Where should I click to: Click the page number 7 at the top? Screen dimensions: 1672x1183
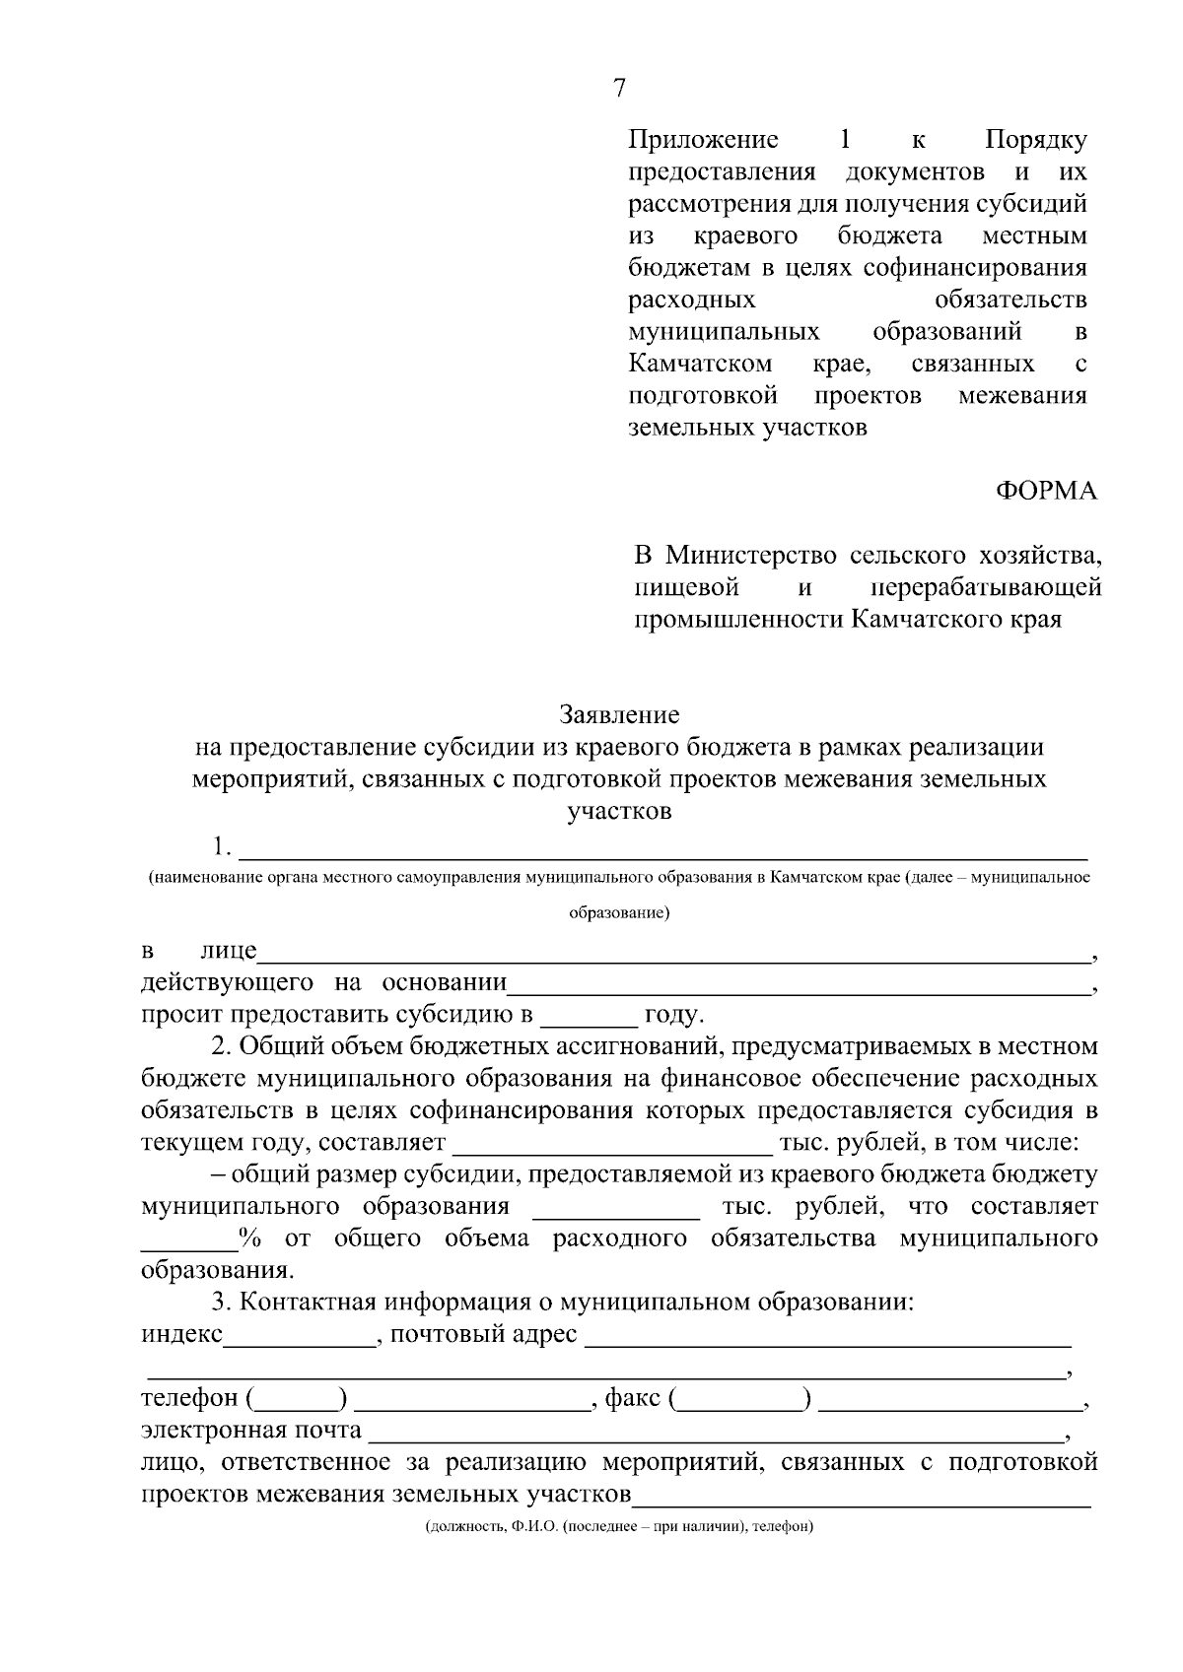click(x=619, y=89)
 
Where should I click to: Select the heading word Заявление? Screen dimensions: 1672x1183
click(x=619, y=713)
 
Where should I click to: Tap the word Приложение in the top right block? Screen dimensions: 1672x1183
click(x=703, y=140)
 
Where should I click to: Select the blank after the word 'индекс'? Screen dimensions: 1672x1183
click(x=300, y=1342)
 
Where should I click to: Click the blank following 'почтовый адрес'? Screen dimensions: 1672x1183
click(x=828, y=1342)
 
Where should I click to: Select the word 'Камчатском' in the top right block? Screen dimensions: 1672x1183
click(x=700, y=365)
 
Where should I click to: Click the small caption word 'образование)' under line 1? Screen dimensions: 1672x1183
click(x=619, y=913)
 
